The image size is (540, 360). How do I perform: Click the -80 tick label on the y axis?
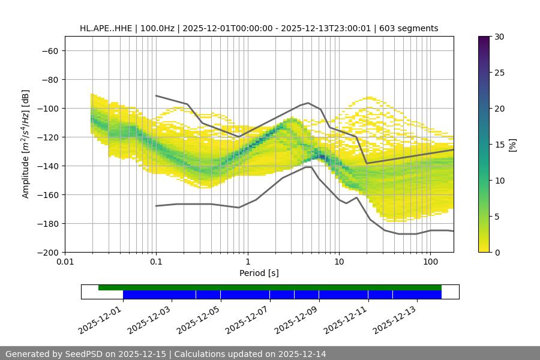click(49, 79)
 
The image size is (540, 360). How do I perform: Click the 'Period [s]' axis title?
click(259, 273)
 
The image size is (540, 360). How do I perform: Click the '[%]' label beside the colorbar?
click(512, 145)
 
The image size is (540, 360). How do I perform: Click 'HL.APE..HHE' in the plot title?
click(105, 28)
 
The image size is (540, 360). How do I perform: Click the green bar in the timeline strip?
click(270, 287)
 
